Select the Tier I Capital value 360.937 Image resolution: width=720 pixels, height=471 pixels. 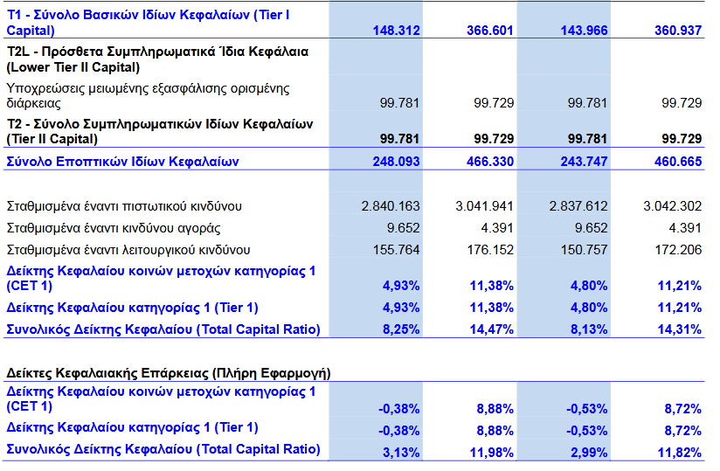[x=678, y=31]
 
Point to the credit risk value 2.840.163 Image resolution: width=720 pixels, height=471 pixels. [x=390, y=206]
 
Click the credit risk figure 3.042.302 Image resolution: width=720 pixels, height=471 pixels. [x=672, y=206]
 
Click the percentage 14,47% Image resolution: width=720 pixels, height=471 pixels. [x=493, y=329]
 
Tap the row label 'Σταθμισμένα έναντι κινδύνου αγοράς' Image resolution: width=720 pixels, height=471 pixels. [x=114, y=228]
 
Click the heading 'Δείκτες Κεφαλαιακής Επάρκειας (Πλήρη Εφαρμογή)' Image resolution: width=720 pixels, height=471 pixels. [x=168, y=373]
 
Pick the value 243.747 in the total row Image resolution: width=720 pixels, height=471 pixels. [x=584, y=162]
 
